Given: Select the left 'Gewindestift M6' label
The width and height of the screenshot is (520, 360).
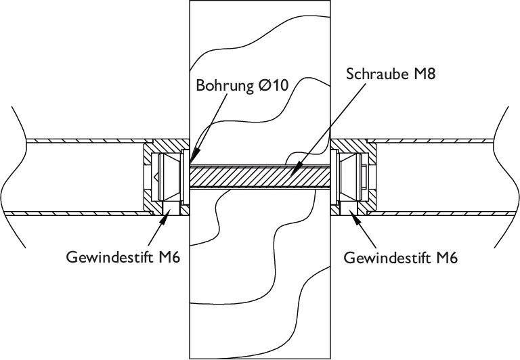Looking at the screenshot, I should coord(123,258).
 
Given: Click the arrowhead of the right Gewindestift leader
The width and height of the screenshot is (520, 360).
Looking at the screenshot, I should coord(352,212).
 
